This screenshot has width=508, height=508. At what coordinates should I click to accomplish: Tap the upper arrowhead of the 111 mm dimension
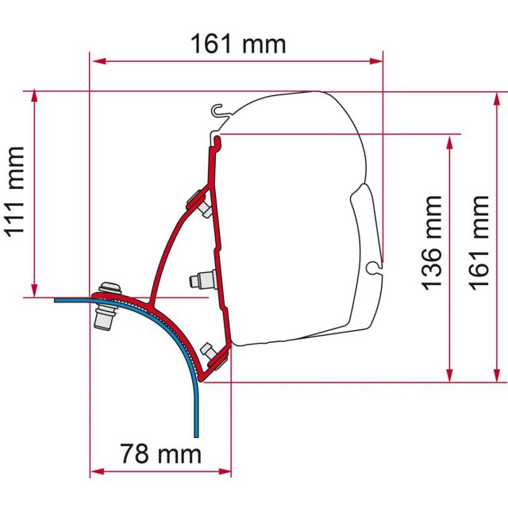tap(35, 96)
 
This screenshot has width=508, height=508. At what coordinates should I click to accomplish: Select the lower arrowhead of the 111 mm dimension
tap(35, 292)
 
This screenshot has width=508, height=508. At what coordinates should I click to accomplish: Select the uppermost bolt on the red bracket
tap(198, 202)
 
